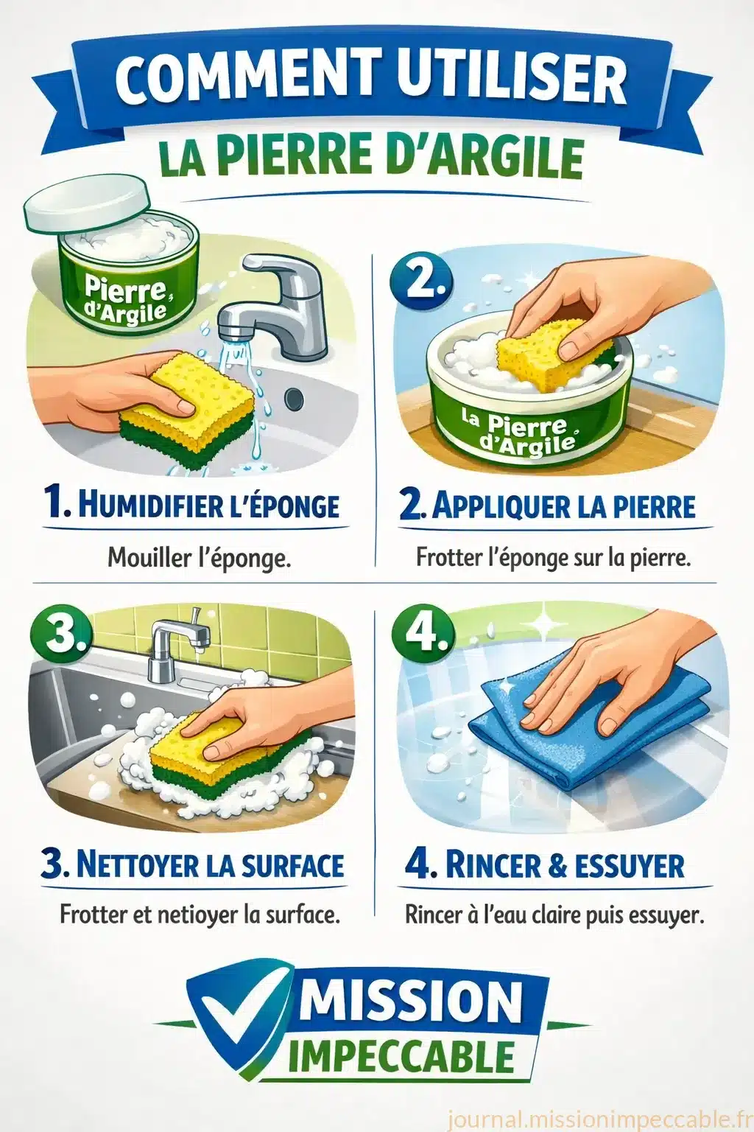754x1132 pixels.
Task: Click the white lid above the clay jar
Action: pyautogui.click(x=88, y=209)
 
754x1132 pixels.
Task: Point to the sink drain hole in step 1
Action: pyautogui.click(x=294, y=399)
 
